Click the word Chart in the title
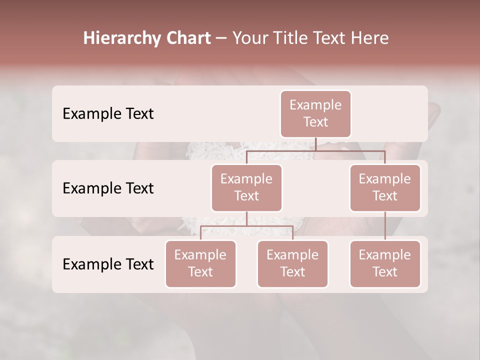[188, 38]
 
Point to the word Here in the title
[370, 38]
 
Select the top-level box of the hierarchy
[315, 113]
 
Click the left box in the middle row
[246, 187]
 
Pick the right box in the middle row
[385, 187]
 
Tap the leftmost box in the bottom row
[200, 263]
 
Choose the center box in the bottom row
[292, 263]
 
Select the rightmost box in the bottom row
[385, 263]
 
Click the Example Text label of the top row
[108, 114]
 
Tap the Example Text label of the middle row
[108, 188]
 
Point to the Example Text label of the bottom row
[108, 264]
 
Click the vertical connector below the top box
[316, 144]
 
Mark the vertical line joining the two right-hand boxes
[385, 226]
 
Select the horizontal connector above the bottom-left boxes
[246, 226]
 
